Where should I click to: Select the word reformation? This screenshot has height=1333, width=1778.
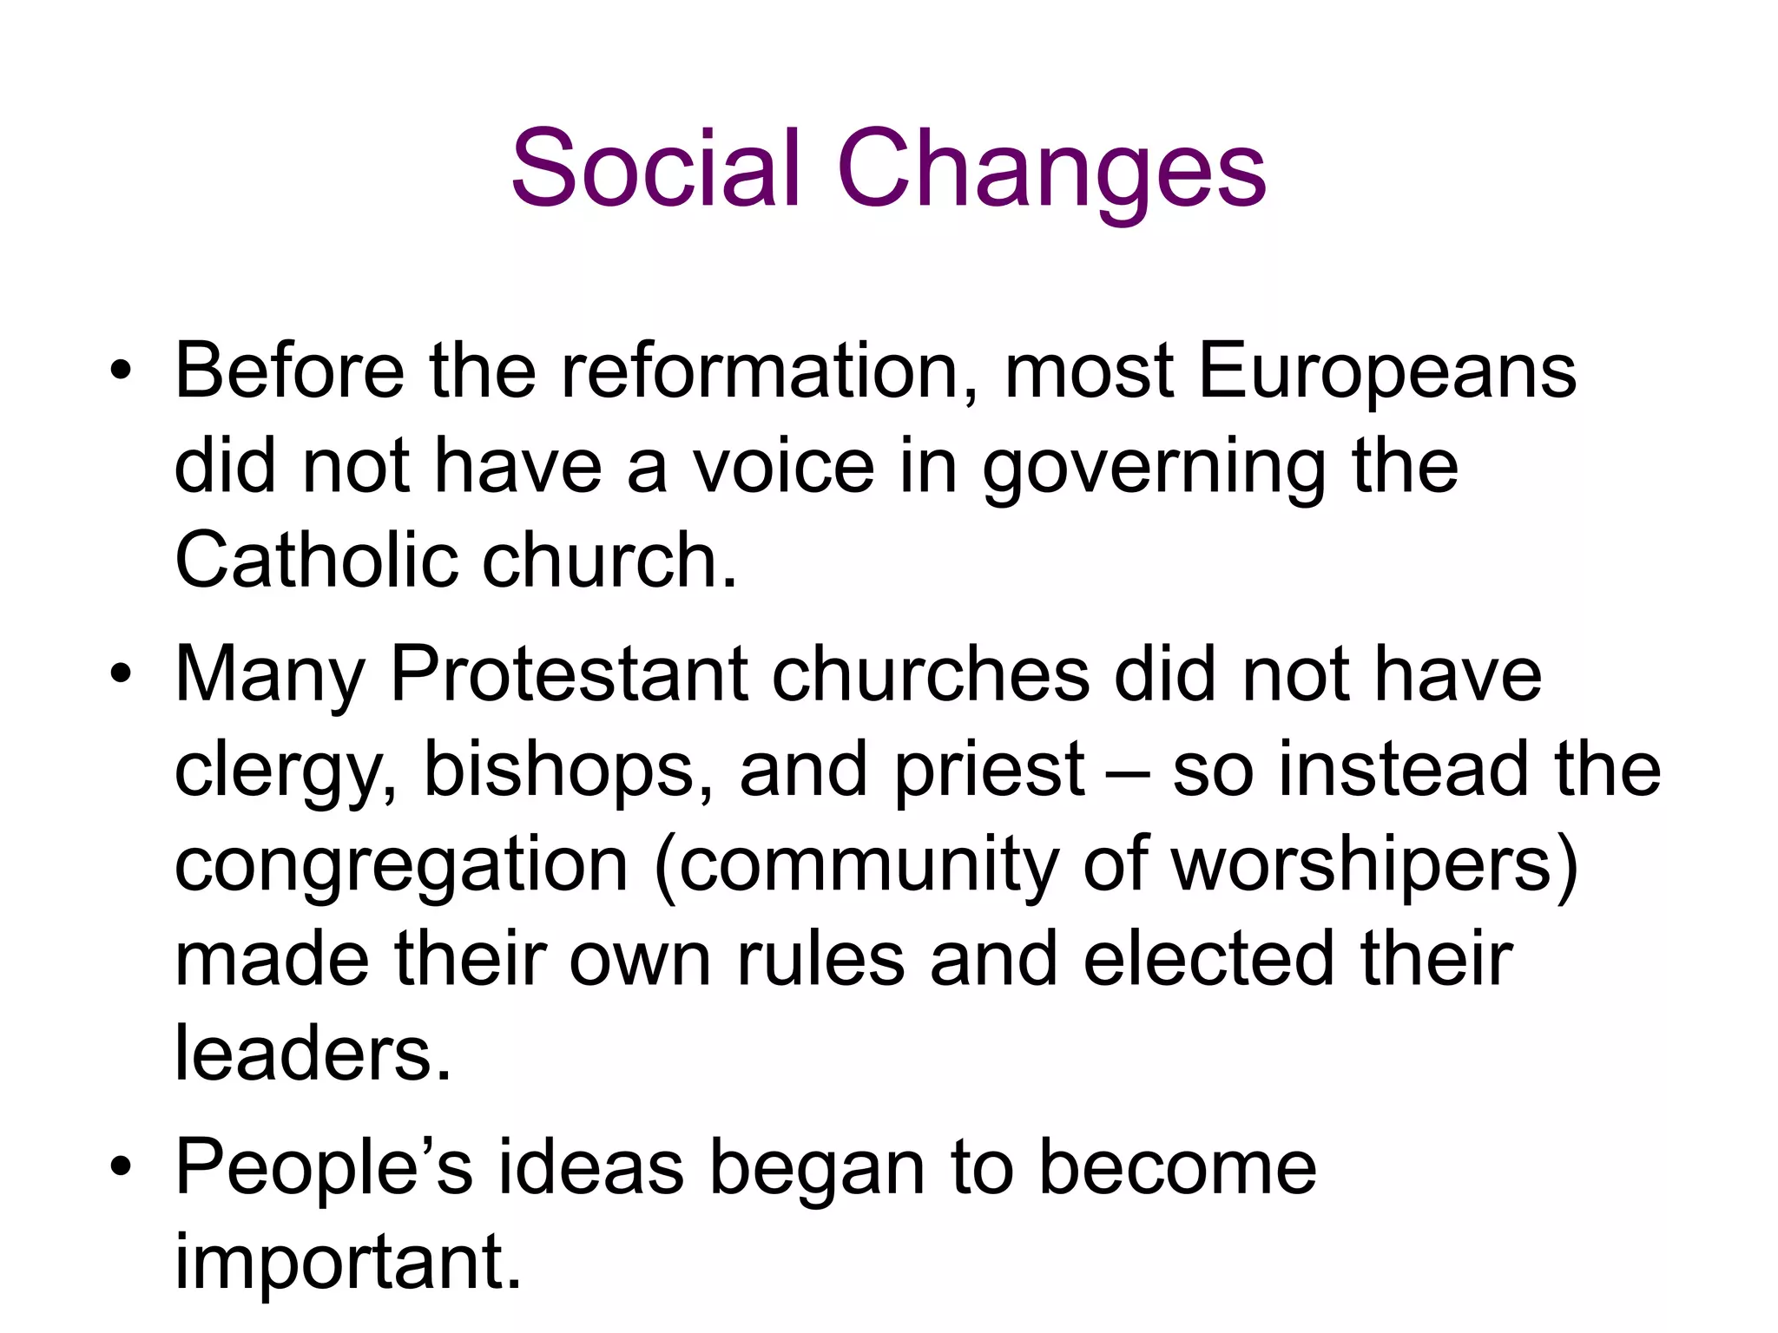pyautogui.click(x=769, y=371)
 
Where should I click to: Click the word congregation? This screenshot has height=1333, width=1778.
pyautogui.click(x=401, y=867)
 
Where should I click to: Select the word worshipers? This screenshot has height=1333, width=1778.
pyautogui.click(x=1374, y=867)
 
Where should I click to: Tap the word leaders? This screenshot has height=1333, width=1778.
pyautogui.click(x=313, y=1054)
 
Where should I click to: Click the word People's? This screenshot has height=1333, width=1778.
pyautogui.click(x=324, y=1168)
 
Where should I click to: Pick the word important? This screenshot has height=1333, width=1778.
pyautogui.click(x=348, y=1262)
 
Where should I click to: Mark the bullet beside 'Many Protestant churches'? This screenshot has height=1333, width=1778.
pyautogui.click(x=121, y=674)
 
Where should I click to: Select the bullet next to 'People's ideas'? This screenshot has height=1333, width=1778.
pyautogui.click(x=121, y=1167)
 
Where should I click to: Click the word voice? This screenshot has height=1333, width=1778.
pyautogui.click(x=782, y=467)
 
